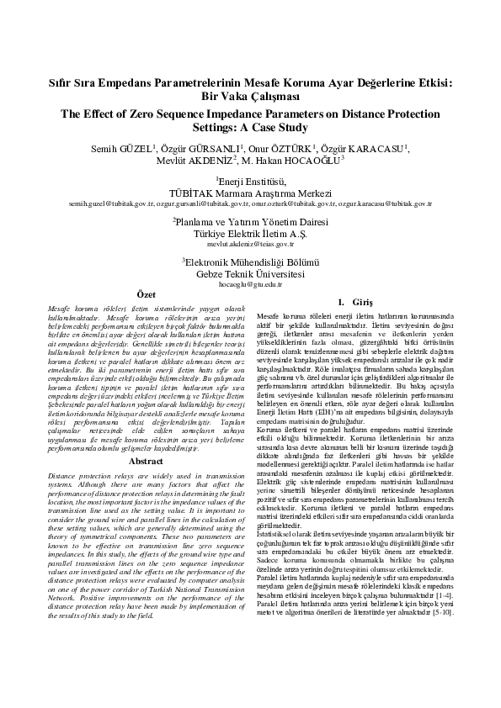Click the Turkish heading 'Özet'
tap(146, 294)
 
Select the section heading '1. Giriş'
tap(354, 301)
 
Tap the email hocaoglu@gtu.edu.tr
tap(250, 284)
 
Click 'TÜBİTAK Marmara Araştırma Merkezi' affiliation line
tap(250, 192)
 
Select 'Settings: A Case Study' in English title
tap(250, 127)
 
